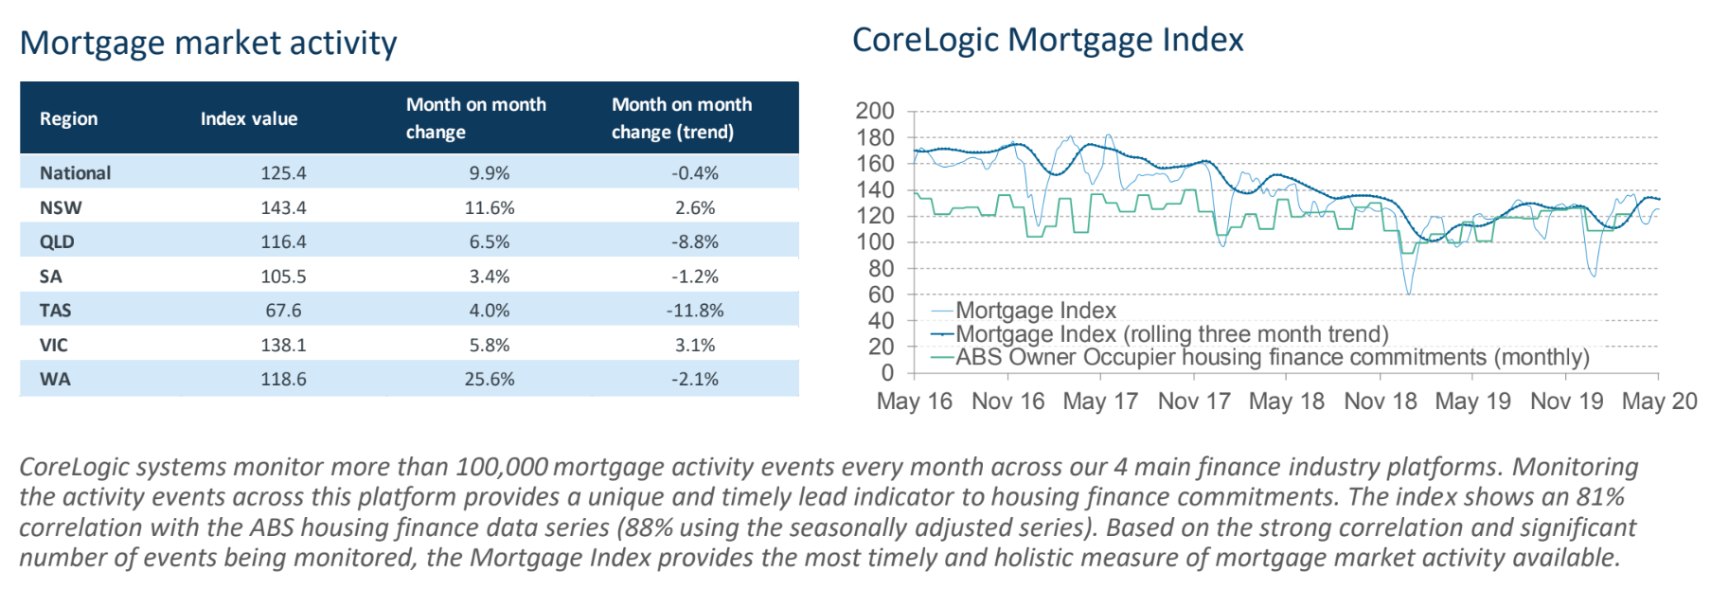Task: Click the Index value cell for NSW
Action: pyautogui.click(x=283, y=207)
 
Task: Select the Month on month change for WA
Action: pyautogui.click(x=489, y=379)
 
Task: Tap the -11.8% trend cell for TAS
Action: pyautogui.click(x=695, y=311)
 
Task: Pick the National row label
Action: pyautogui.click(x=75, y=173)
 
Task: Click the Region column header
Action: pyautogui.click(x=68, y=118)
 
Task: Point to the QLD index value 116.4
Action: pyautogui.click(x=283, y=241)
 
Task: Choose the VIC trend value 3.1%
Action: pyautogui.click(x=695, y=345)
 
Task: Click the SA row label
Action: pyautogui.click(x=51, y=277)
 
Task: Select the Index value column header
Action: pyautogui.click(x=249, y=118)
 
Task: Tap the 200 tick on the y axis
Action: pyautogui.click(x=874, y=111)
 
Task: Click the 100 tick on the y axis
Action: pyautogui.click(x=874, y=242)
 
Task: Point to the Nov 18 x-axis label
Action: pyautogui.click(x=1380, y=402)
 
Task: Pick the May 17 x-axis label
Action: pyautogui.click(x=1099, y=402)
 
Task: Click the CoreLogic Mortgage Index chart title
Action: pyautogui.click(x=1047, y=40)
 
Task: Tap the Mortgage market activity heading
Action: pyautogui.click(x=208, y=43)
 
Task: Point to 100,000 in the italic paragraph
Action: pyautogui.click(x=502, y=467)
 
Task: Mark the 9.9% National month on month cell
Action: pyautogui.click(x=489, y=173)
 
